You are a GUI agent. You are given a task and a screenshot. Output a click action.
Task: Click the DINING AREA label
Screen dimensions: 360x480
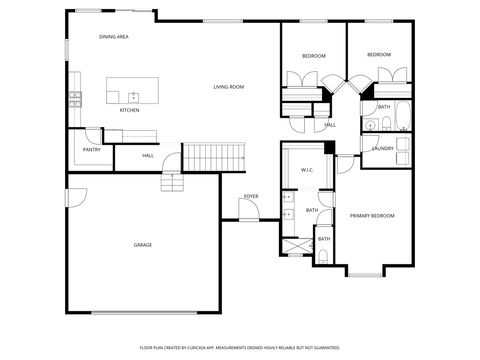pyautogui.click(x=113, y=37)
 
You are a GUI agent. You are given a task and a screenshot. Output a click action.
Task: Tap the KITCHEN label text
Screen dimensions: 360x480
pyautogui.click(x=130, y=110)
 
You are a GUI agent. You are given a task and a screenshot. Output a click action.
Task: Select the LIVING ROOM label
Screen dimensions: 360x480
pyautogui.click(x=229, y=87)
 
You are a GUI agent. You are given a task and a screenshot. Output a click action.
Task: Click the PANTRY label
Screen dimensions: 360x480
pyautogui.click(x=91, y=151)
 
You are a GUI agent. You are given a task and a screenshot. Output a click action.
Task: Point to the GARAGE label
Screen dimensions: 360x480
pyautogui.click(x=143, y=244)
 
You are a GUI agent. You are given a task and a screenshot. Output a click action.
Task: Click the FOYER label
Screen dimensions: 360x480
pyautogui.click(x=251, y=196)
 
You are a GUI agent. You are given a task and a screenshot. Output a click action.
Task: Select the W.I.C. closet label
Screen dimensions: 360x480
pyautogui.click(x=307, y=170)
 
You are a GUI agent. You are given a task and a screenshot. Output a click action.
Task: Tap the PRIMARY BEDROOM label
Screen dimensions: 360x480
pyautogui.click(x=371, y=216)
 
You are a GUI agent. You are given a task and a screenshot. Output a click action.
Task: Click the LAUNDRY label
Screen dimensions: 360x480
pyautogui.click(x=381, y=148)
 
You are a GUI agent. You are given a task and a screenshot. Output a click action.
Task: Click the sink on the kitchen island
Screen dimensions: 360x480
pyautogui.click(x=132, y=96)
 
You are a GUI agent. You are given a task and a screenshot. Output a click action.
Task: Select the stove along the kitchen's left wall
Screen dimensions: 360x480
pyautogui.click(x=75, y=98)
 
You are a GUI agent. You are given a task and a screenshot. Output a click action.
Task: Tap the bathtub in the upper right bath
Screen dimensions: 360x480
pyautogui.click(x=401, y=117)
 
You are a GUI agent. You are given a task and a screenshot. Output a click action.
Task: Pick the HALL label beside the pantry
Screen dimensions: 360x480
pyautogui.click(x=147, y=155)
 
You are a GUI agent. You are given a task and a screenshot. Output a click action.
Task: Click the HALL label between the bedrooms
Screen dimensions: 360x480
pyautogui.click(x=329, y=125)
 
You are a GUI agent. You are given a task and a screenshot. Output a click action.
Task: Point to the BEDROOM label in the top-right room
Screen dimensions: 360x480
pyautogui.click(x=378, y=54)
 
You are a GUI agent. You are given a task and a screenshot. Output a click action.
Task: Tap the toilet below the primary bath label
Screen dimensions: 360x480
pyautogui.click(x=324, y=258)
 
